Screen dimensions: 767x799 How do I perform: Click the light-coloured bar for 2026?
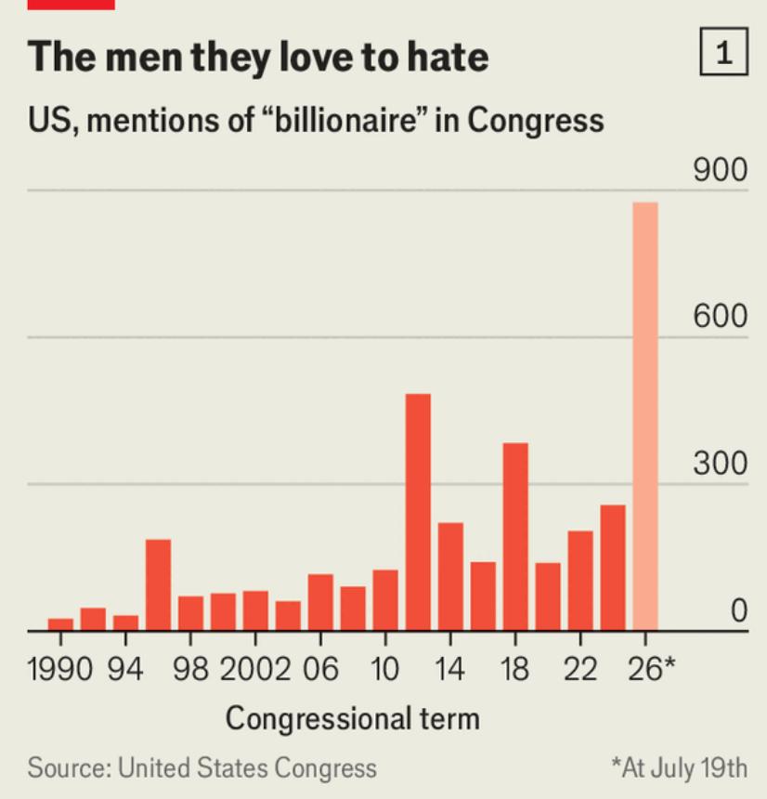click(645, 416)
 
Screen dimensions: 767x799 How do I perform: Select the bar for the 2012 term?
click(418, 512)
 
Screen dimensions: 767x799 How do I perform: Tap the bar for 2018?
click(515, 537)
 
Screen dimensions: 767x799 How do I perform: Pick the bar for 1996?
click(159, 585)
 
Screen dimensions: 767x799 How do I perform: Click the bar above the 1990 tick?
click(60, 624)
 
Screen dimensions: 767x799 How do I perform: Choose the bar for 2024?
click(613, 568)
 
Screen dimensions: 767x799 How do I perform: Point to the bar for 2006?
click(321, 602)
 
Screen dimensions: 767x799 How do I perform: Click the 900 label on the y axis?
click(721, 170)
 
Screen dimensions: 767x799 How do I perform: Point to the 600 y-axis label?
click(721, 316)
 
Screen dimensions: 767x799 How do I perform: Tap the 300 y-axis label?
click(721, 464)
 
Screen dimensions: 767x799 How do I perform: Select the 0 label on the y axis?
click(739, 610)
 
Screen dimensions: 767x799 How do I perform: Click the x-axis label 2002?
click(255, 669)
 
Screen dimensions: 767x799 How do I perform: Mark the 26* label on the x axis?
click(651, 669)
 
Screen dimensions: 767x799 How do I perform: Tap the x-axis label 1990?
click(60, 669)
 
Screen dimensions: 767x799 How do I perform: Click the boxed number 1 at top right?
click(724, 52)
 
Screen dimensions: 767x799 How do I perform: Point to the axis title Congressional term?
click(353, 719)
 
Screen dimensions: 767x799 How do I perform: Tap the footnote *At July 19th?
click(680, 768)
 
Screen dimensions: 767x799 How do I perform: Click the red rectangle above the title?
click(71, 5)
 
